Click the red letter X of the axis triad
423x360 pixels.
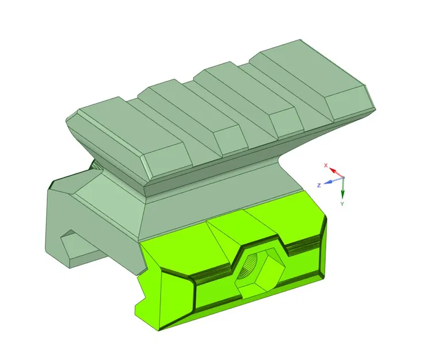(x=326, y=165)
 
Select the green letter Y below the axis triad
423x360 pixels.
(x=342, y=204)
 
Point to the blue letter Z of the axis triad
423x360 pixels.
(x=318, y=185)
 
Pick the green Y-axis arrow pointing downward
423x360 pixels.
(x=342, y=188)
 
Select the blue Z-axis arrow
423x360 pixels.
(x=331, y=181)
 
